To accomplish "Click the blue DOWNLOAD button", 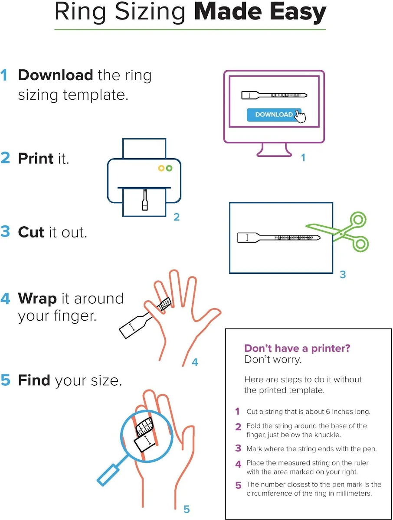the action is [x=274, y=115].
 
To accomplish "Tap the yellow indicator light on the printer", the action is [x=161, y=168].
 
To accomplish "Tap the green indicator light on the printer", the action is [x=169, y=168].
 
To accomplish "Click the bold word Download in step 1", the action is [x=56, y=75].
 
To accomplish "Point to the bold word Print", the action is [x=36, y=159].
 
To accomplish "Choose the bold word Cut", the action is [x=31, y=232].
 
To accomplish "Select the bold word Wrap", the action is [x=37, y=299].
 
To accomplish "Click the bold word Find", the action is [x=34, y=380].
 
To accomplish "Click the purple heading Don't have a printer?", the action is [x=297, y=348].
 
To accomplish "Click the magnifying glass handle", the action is [x=108, y=475].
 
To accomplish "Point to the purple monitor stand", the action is [x=274, y=150].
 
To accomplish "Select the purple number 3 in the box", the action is [x=238, y=448].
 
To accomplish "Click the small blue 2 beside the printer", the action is [x=177, y=217].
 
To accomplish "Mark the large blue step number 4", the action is [x=5, y=299].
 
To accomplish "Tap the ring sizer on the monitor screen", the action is [x=274, y=95].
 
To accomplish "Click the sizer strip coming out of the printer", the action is [x=145, y=199].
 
